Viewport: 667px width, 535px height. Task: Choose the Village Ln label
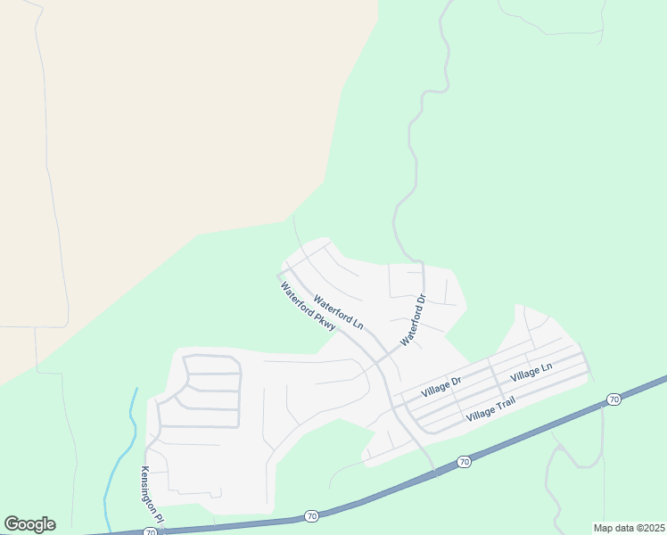click(x=531, y=373)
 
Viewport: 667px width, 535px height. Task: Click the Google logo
click(x=29, y=524)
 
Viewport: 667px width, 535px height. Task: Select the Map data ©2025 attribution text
click(x=629, y=528)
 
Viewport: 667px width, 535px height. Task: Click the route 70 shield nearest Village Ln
click(x=613, y=399)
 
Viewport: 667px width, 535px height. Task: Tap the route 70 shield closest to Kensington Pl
click(x=151, y=532)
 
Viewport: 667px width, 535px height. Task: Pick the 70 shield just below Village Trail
click(x=463, y=461)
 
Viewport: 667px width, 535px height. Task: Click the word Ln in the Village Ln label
click(x=546, y=366)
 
